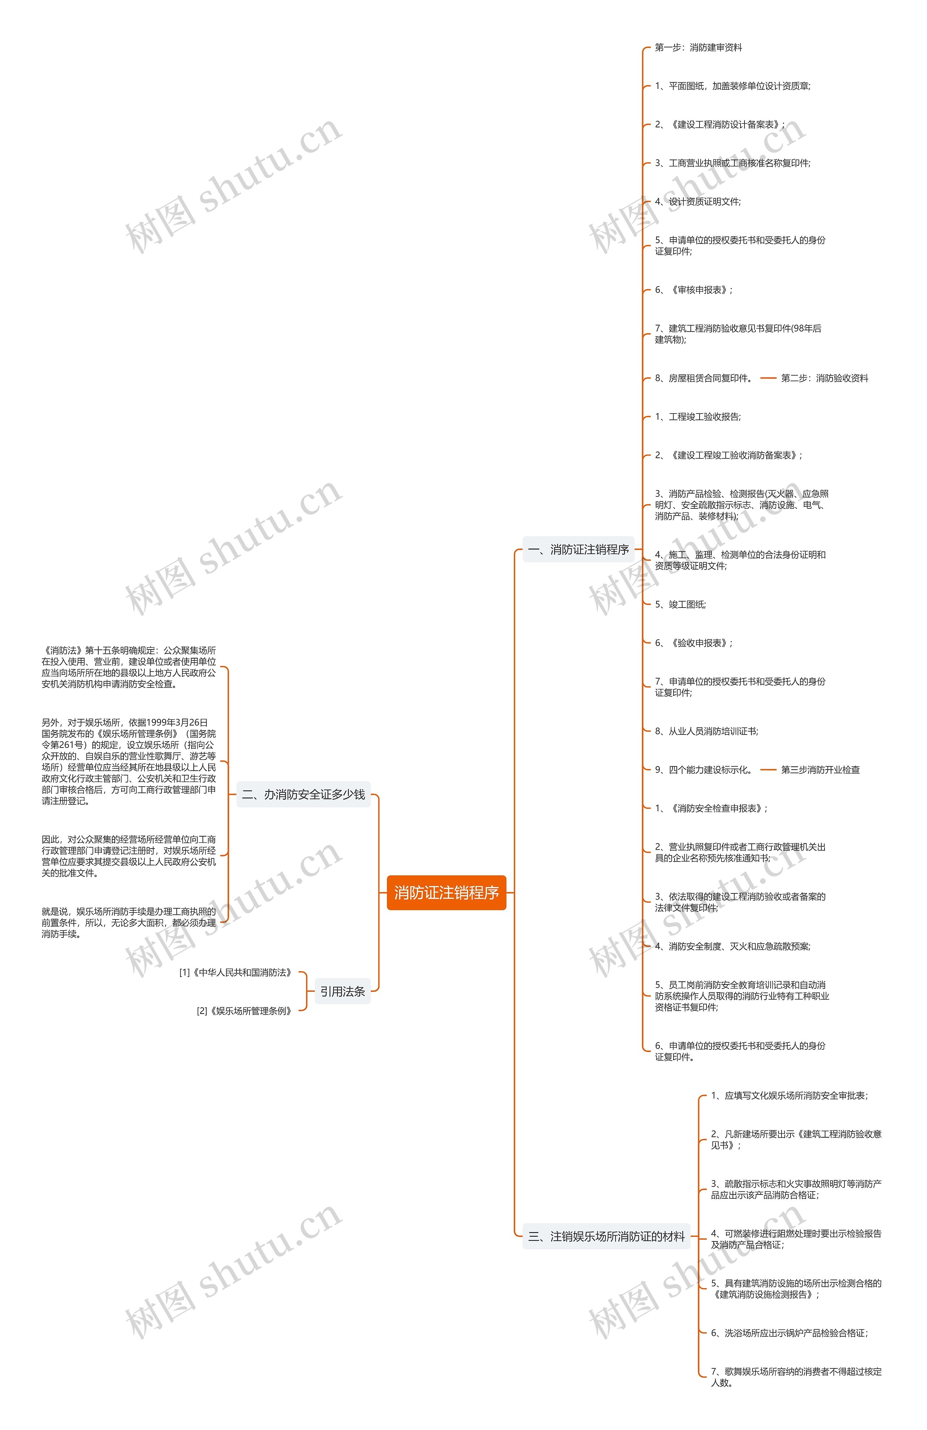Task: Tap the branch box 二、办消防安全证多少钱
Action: [303, 794]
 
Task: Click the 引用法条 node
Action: [342, 991]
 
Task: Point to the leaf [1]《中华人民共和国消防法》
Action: [236, 972]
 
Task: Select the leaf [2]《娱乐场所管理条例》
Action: [245, 1011]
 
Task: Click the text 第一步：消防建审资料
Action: [698, 47]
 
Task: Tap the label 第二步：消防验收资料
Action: [824, 378]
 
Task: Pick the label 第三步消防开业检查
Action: [820, 770]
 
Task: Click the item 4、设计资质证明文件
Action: [697, 201]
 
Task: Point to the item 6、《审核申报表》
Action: [693, 289]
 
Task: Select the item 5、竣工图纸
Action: [680, 604]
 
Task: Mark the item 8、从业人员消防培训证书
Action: [706, 731]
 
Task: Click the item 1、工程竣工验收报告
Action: [697, 416]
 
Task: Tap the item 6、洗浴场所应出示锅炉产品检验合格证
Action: [789, 1333]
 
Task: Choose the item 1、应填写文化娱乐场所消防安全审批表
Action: [789, 1095]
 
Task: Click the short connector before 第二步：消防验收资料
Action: [768, 378]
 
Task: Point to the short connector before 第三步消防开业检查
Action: [768, 770]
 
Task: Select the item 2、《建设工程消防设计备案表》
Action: [719, 124]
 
